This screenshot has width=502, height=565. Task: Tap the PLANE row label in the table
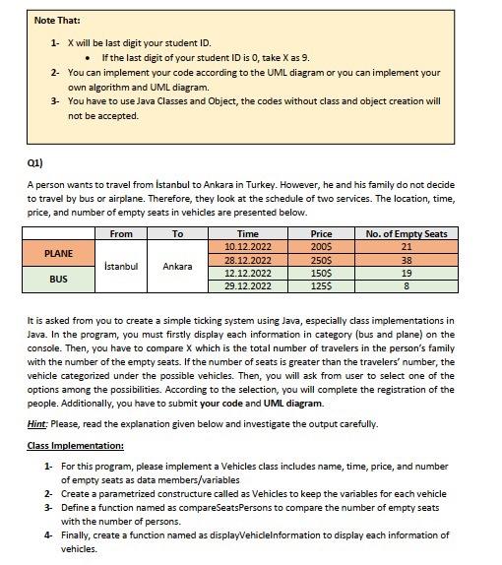[x=59, y=253]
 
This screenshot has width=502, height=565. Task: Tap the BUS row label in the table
[x=59, y=279]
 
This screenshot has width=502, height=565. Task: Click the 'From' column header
[x=121, y=234]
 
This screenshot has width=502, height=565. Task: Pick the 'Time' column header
[x=248, y=234]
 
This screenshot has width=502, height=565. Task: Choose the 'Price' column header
[x=321, y=234]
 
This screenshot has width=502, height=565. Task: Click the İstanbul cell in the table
[x=121, y=266]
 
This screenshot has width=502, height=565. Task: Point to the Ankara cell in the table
[x=177, y=266]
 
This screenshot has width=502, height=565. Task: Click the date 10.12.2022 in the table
[x=248, y=246]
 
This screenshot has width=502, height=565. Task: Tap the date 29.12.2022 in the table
[x=248, y=285]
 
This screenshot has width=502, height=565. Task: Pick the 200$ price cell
[x=321, y=246]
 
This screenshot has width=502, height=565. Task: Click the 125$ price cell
[x=321, y=285]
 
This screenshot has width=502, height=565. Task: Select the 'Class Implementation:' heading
[x=68, y=446]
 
